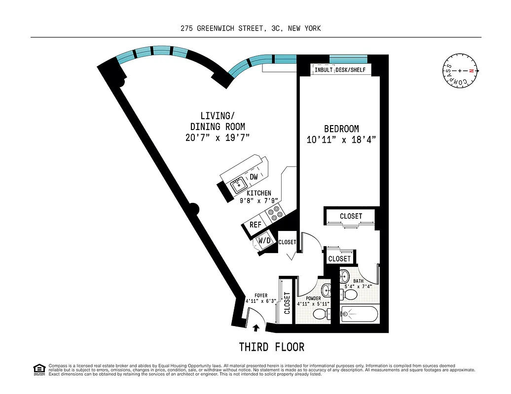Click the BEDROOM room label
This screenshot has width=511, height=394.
point(341,129)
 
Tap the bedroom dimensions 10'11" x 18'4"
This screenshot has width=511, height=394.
point(341,139)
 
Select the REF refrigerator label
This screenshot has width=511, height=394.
point(255,225)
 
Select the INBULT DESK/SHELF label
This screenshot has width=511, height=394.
point(340,70)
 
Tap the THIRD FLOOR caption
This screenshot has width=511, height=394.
point(272,347)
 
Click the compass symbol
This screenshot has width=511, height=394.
point(460,71)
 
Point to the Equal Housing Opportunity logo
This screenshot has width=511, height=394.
point(39,369)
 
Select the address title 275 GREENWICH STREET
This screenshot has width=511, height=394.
point(251,29)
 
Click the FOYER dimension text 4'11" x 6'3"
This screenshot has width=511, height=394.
point(261,301)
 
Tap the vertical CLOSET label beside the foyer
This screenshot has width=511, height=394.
point(287,304)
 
